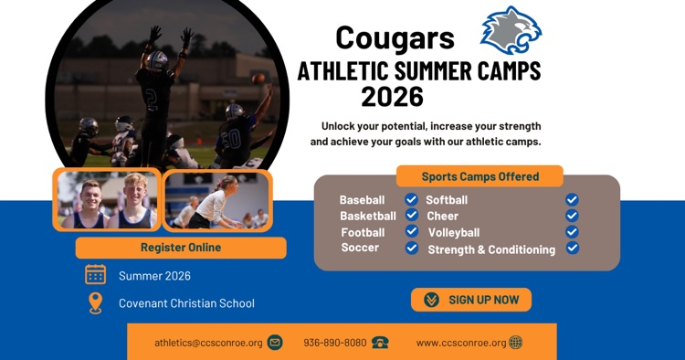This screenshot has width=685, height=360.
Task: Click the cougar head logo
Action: (511, 30)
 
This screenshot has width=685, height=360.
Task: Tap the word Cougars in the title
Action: (395, 37)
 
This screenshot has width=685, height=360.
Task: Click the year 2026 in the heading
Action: (392, 96)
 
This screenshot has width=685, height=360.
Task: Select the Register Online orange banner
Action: (181, 248)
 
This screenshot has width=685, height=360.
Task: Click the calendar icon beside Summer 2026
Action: (95, 275)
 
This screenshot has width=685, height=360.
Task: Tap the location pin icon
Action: (95, 303)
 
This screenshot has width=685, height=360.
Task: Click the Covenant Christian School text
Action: (186, 303)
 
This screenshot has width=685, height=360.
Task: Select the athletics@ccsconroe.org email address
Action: (208, 343)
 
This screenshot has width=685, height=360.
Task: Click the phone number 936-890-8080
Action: (335, 343)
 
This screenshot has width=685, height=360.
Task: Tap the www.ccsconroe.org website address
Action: (460, 343)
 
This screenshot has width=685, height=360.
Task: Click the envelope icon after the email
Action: (274, 343)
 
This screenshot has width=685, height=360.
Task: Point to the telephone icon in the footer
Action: (380, 343)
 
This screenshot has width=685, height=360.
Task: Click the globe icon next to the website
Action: (516, 343)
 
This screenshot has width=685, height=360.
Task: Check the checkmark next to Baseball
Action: (412, 199)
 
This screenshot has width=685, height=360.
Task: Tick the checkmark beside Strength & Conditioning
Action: (572, 248)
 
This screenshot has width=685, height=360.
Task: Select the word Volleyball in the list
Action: (454, 233)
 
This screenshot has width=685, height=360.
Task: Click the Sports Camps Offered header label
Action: (479, 176)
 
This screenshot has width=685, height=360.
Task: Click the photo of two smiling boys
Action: (107, 199)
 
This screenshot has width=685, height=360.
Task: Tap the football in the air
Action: (259, 79)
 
